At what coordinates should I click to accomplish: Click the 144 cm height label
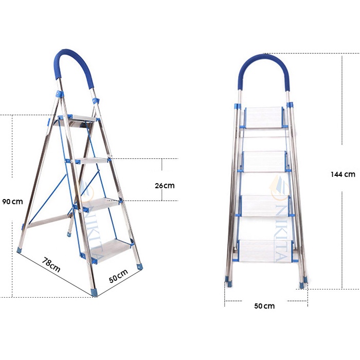pos(343,174)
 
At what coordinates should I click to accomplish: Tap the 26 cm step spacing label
pos(165,186)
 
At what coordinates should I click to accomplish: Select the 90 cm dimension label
pos(13,202)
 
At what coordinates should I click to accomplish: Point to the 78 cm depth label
pos(51,264)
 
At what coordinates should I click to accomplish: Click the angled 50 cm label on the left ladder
pos(118,276)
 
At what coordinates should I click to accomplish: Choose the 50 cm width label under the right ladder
pos(264,306)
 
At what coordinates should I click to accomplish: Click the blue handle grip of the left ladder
pos(74,66)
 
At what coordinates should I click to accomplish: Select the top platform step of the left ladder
pos(75,121)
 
